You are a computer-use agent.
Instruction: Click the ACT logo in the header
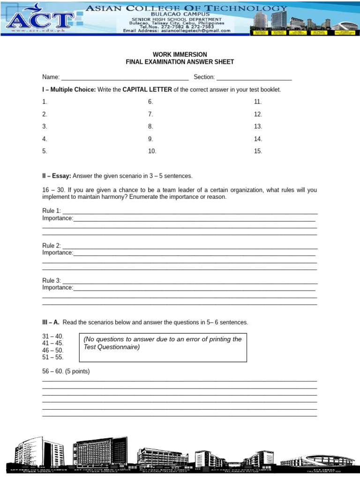(40, 19)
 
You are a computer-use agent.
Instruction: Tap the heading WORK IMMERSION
(180, 55)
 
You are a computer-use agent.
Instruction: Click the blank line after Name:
(125, 78)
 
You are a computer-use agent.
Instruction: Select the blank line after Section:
(254, 78)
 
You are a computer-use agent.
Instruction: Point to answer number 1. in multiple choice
(45, 102)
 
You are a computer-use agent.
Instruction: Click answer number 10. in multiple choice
(152, 151)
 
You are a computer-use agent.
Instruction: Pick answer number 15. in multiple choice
(258, 151)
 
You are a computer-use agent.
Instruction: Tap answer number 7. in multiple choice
(150, 114)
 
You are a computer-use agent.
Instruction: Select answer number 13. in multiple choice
(258, 127)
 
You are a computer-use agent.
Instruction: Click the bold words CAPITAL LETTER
(147, 90)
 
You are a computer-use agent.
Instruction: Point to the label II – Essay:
(57, 176)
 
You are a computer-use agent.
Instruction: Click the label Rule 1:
(52, 211)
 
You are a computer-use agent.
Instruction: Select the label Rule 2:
(52, 246)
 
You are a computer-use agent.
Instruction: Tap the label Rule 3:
(52, 280)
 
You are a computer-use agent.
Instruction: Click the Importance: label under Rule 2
(58, 253)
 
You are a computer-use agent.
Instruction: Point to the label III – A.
(51, 322)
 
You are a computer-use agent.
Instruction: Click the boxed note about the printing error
(163, 347)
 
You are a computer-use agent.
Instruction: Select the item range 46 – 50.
(53, 350)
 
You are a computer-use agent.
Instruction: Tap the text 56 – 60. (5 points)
(66, 371)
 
